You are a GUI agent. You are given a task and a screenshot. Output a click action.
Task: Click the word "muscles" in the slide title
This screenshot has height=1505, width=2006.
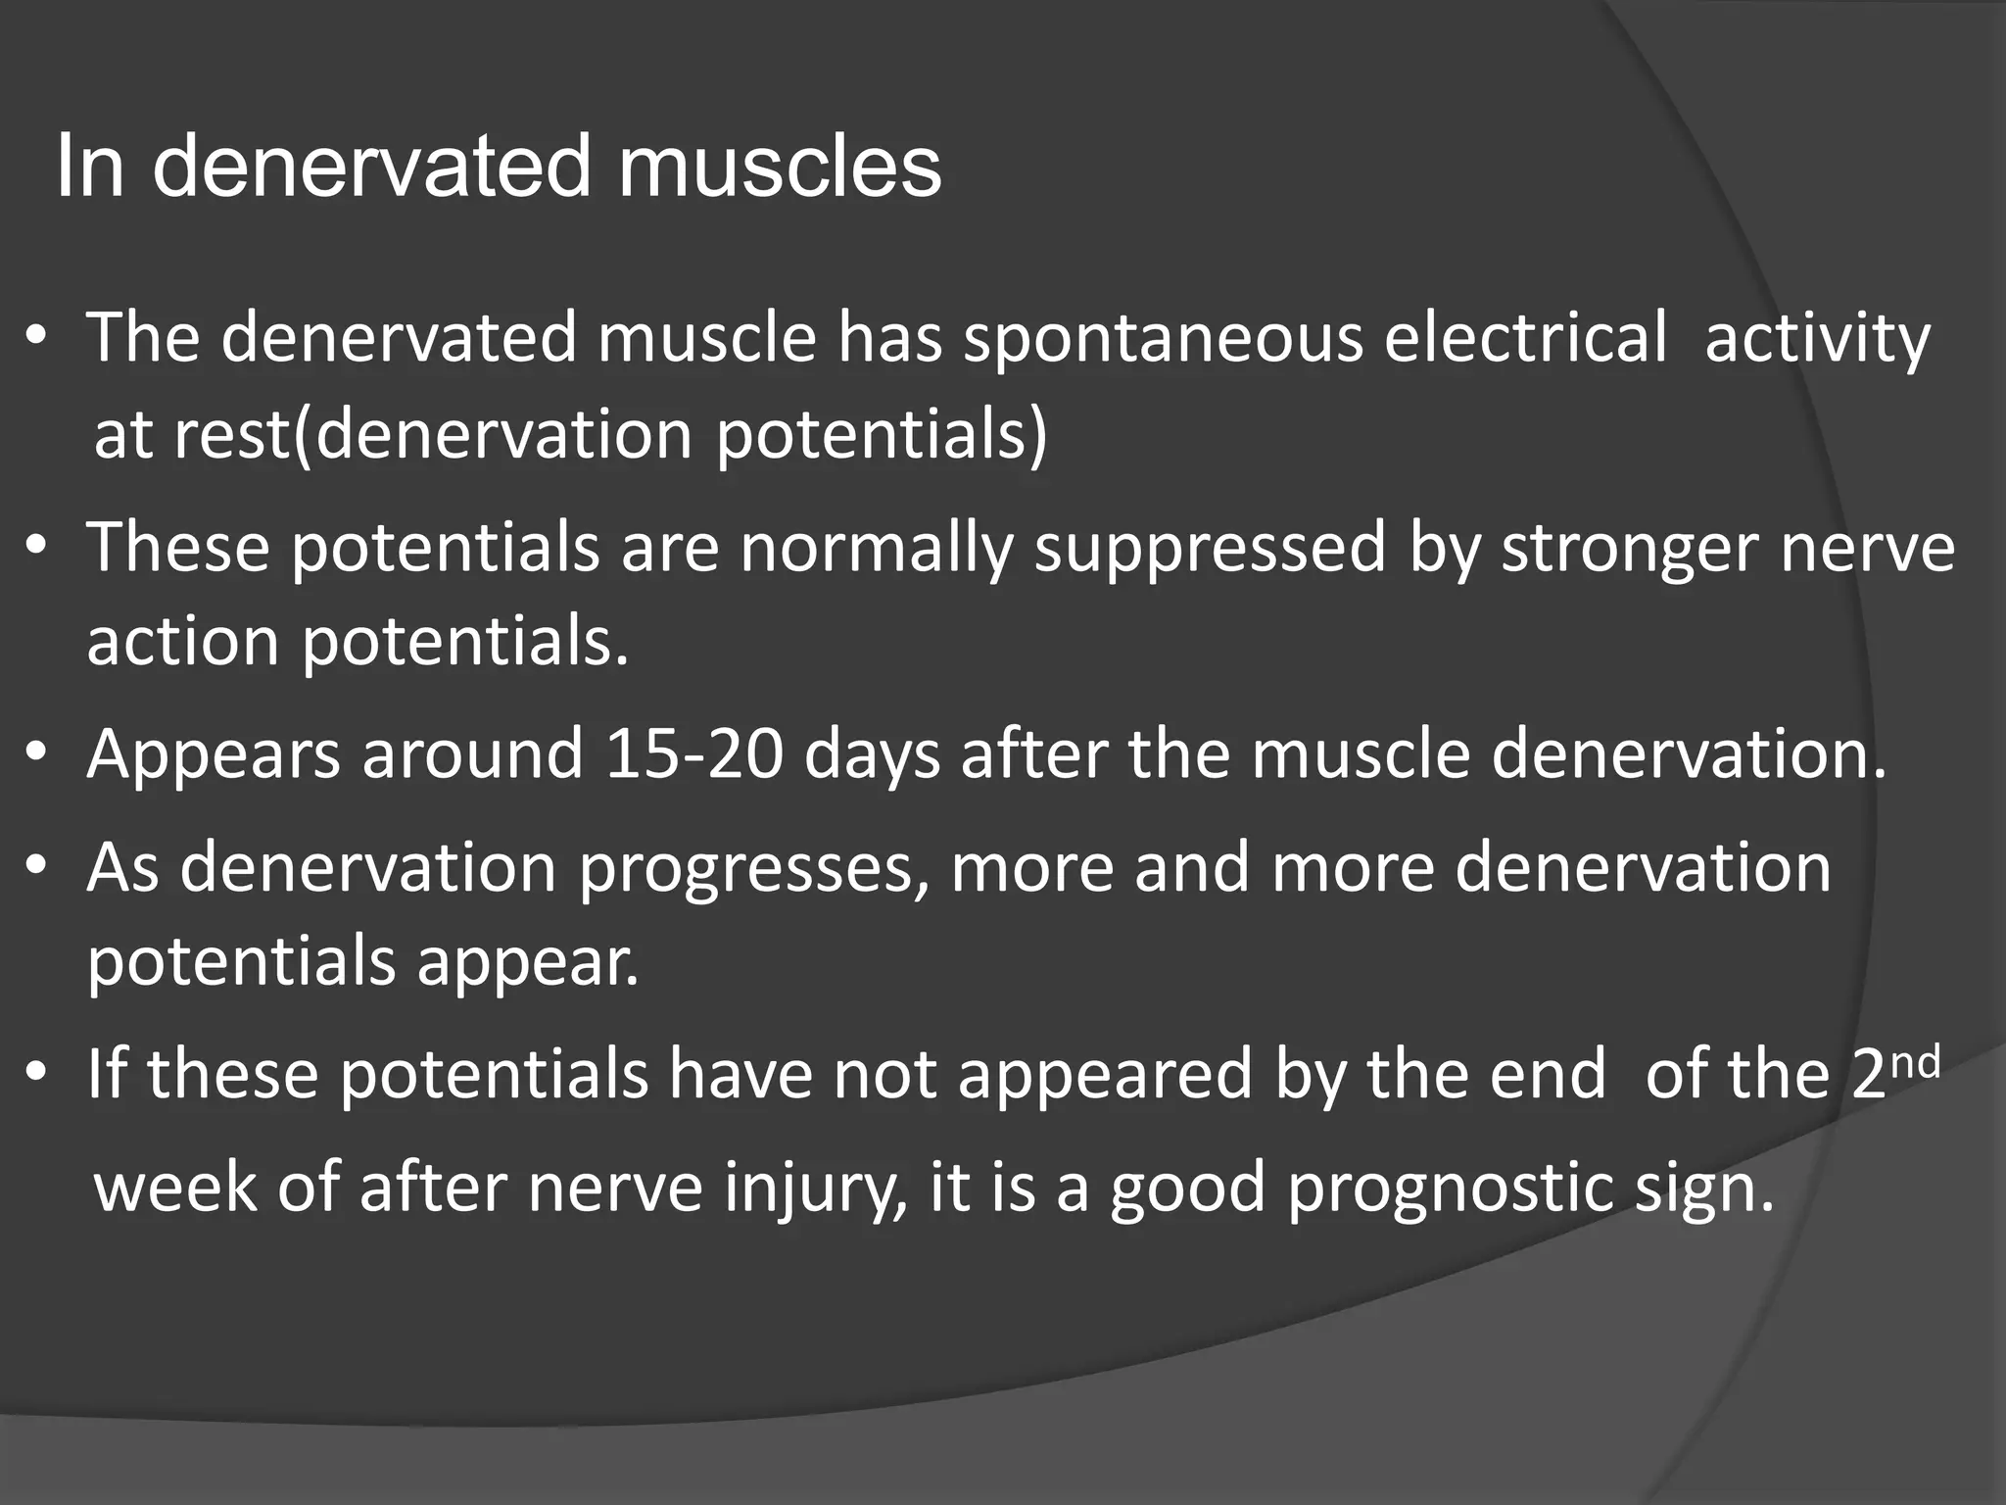[779, 167]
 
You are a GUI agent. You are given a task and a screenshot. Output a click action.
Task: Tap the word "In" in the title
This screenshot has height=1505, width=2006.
[90, 167]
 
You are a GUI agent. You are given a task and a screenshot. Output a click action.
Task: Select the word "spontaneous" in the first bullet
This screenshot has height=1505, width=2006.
[1163, 338]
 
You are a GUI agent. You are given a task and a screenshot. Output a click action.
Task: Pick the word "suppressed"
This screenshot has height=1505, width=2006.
[1211, 549]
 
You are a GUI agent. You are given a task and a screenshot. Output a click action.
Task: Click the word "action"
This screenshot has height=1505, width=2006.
[183, 642]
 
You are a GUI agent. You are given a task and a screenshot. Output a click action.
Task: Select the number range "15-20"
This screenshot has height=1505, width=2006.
[694, 754]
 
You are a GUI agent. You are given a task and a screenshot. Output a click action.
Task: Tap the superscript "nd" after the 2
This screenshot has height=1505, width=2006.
[1913, 1063]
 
